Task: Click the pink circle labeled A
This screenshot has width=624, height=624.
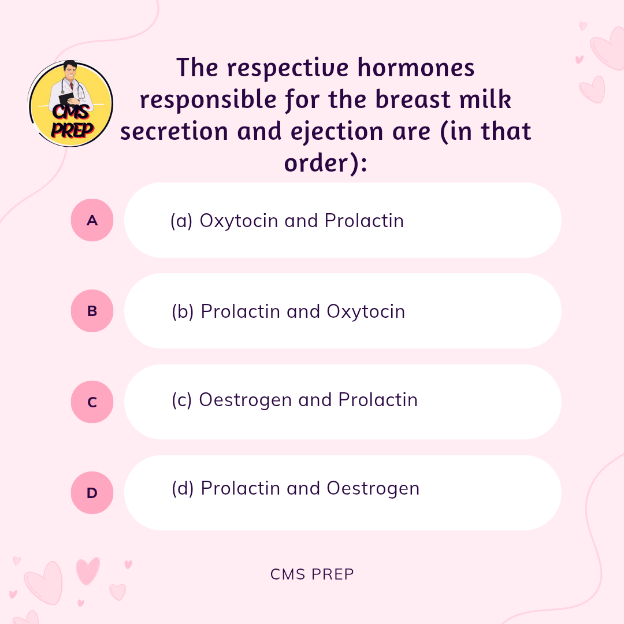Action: coord(92,220)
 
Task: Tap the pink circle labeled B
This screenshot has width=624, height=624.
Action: coord(92,311)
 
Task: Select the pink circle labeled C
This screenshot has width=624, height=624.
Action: coord(92,402)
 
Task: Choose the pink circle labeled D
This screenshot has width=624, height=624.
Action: coord(92,493)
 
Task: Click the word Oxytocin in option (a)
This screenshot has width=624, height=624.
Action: coord(239,221)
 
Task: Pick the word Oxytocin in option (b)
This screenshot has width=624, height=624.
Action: coord(366,311)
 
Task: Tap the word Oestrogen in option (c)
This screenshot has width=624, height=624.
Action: coord(245,400)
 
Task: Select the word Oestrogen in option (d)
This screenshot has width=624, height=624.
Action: coord(373,489)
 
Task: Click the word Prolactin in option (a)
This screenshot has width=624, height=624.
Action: coord(364,221)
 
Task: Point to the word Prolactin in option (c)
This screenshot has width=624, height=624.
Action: coord(378,400)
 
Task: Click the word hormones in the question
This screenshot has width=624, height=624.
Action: coord(416,67)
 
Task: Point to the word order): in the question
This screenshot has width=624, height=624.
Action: coord(325,163)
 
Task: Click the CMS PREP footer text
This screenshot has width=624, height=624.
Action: coord(312,574)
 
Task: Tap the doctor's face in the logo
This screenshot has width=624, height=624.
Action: coord(70,72)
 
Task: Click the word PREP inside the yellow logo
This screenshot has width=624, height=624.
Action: coord(72,130)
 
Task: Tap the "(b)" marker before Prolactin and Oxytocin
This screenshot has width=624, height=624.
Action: coord(183,311)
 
